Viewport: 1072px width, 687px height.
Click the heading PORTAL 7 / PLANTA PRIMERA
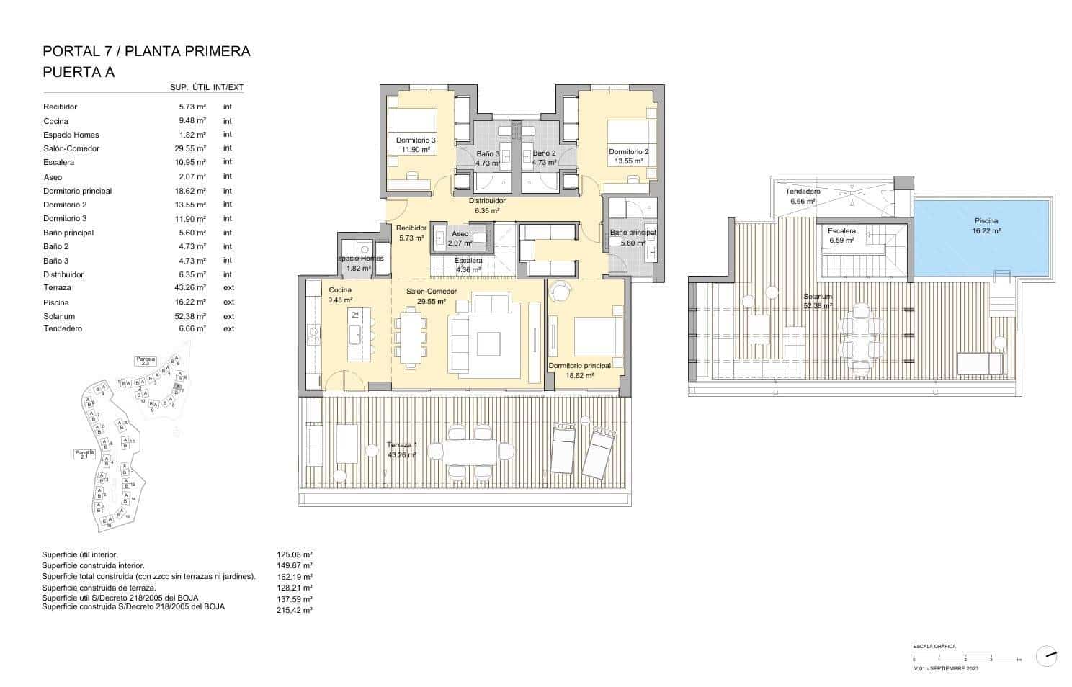pyautogui.click(x=146, y=51)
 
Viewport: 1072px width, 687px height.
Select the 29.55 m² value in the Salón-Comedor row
pyautogui.click(x=192, y=148)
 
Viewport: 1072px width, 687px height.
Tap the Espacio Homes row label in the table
pyautogui.click(x=71, y=135)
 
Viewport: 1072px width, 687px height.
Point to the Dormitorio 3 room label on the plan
pyautogui.click(x=416, y=140)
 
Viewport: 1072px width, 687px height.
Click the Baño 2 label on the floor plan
pyautogui.click(x=544, y=153)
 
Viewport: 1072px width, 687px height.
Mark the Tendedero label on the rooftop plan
pyautogui.click(x=803, y=192)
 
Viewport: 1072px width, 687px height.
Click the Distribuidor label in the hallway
pyautogui.click(x=487, y=201)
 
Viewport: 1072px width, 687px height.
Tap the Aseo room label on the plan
pyautogui.click(x=460, y=233)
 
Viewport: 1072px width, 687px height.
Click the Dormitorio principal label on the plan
pyautogui.click(x=579, y=366)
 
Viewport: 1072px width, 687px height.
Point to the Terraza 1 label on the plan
pyautogui.click(x=401, y=444)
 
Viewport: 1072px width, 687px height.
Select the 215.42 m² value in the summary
pyautogui.click(x=295, y=610)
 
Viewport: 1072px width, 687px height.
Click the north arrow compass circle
pyautogui.click(x=1046, y=656)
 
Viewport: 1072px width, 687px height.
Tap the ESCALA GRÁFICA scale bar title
pyautogui.click(x=934, y=647)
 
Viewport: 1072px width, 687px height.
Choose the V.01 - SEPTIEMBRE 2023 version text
pyautogui.click(x=945, y=668)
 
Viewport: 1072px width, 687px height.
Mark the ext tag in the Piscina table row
pyautogui.click(x=228, y=302)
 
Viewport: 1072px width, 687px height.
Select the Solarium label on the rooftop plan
pyautogui.click(x=818, y=296)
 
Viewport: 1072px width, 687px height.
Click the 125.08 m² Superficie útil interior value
pyautogui.click(x=295, y=554)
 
